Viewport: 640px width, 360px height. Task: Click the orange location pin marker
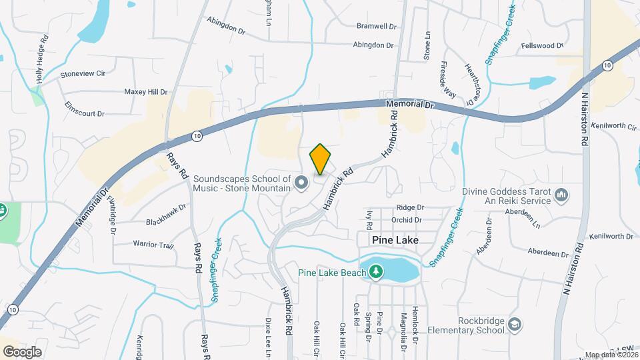[320, 159]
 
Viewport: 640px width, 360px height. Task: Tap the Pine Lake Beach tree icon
[377, 271]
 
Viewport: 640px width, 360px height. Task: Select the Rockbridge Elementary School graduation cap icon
[514, 324]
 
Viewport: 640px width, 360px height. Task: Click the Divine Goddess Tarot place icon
[561, 195]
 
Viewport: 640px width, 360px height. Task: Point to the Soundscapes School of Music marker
[301, 182]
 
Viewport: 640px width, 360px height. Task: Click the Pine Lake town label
[379, 239]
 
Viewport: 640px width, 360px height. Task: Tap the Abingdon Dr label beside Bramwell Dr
[373, 45]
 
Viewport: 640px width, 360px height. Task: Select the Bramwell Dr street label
[377, 26]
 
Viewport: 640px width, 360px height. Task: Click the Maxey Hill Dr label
[146, 92]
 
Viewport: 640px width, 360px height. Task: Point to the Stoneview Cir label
[84, 75]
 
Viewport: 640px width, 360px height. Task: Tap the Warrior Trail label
[153, 245]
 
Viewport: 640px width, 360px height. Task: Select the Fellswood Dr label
[543, 45]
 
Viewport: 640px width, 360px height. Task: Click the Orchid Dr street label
[407, 219]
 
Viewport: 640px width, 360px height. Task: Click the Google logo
[22, 351]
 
